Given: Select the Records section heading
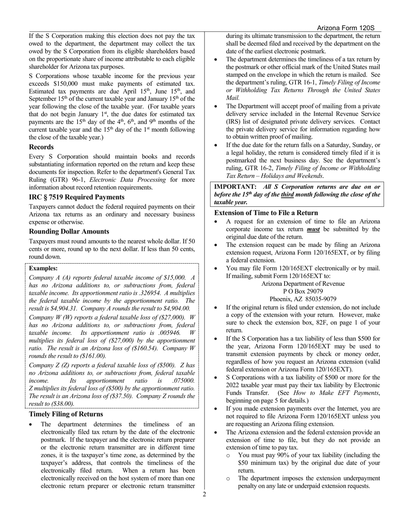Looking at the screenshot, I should click(x=41, y=147).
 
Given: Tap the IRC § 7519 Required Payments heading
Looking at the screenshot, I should click(x=77, y=197).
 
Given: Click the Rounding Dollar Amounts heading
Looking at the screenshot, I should click(x=69, y=231).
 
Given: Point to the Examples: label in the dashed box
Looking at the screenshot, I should click(x=43, y=268).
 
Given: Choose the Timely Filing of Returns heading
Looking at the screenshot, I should click(x=66, y=414).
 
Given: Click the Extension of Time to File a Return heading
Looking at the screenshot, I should click(x=266, y=213).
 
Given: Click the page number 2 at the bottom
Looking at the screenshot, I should click(x=204, y=494).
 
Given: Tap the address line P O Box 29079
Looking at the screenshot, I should click(x=303, y=291).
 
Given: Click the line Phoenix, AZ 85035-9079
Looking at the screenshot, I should click(x=303, y=299).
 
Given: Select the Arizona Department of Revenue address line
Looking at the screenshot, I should click(x=303, y=284).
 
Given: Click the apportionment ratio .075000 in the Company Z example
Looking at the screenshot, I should click(x=183, y=381).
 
